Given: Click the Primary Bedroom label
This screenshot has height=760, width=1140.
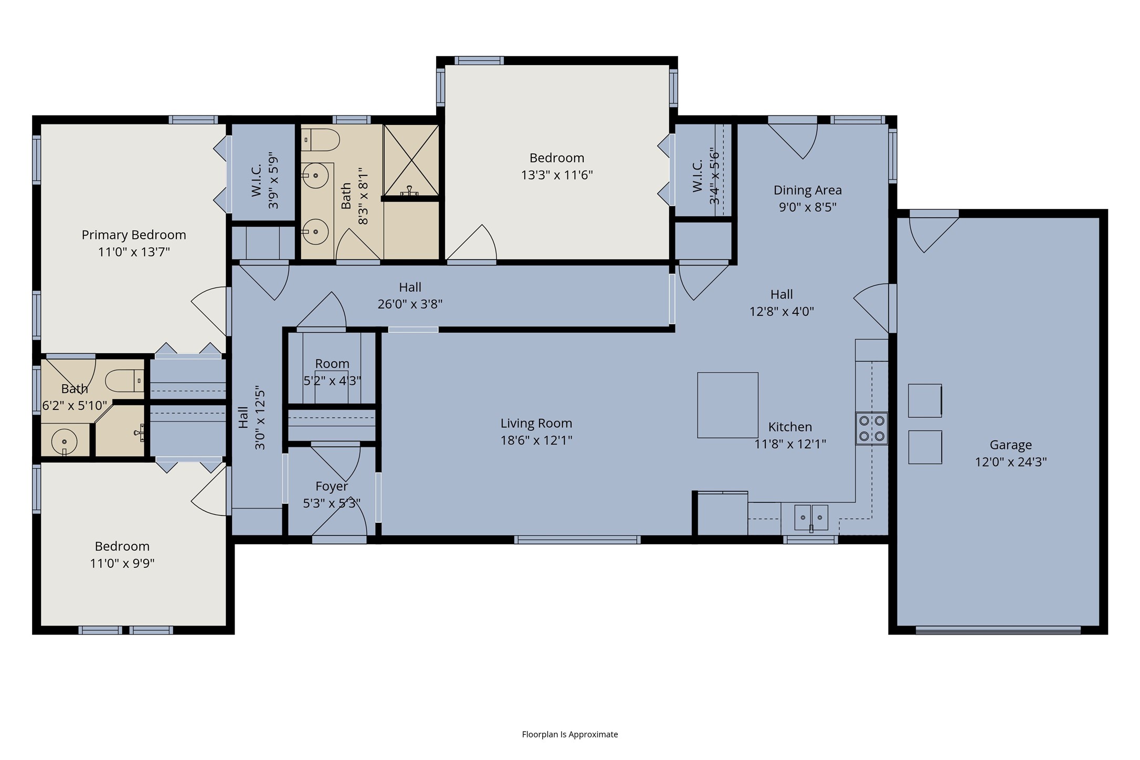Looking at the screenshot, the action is [x=134, y=235].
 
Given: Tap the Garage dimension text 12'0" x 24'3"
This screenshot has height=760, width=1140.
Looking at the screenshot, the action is [x=1011, y=462].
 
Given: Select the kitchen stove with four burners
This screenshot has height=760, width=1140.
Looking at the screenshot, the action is [x=872, y=428].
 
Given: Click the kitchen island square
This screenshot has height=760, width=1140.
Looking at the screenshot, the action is [x=727, y=405].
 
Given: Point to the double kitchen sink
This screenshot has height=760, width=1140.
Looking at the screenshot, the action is [x=811, y=518].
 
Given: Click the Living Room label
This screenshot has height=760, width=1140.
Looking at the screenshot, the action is [x=536, y=423].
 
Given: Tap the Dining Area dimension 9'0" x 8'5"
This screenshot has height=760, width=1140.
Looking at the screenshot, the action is [x=807, y=207].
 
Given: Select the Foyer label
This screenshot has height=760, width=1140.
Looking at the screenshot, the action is [x=332, y=487].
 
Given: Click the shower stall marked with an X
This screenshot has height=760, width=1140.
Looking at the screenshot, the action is [x=411, y=161].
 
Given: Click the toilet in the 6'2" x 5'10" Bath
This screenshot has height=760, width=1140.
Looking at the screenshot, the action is [x=124, y=381].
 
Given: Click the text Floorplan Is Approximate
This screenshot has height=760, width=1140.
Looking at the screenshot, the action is [x=569, y=734].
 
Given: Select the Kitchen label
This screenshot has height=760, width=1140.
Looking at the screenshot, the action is [x=790, y=427].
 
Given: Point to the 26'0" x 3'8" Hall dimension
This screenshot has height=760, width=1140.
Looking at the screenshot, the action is [x=410, y=304].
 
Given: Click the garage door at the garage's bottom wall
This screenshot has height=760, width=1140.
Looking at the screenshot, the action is [x=998, y=630].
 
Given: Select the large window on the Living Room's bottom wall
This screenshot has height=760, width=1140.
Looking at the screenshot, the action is [x=577, y=540].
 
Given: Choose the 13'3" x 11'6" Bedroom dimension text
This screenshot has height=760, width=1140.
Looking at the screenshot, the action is [x=556, y=175].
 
